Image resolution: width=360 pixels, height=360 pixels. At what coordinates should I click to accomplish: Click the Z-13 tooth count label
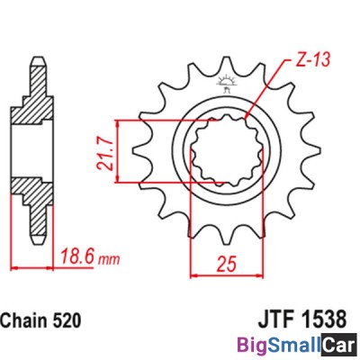coord(308,61)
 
